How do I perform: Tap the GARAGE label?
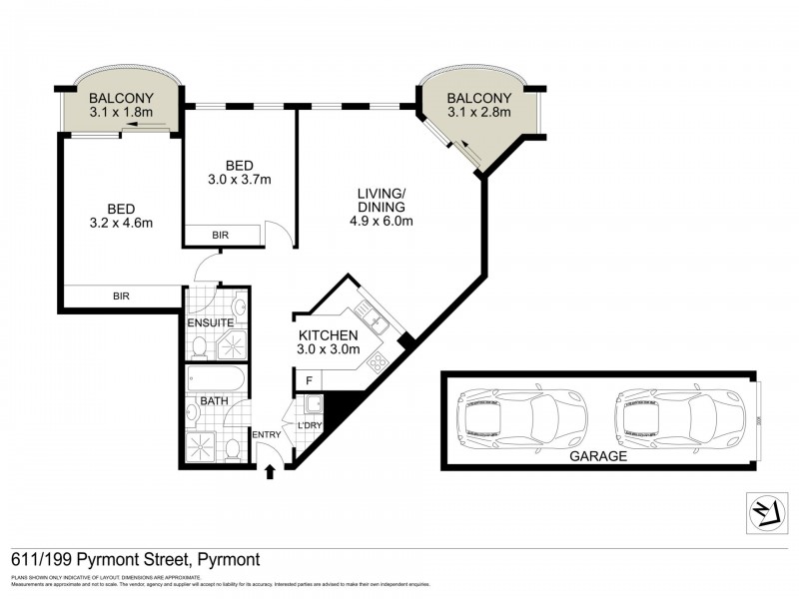[598, 456]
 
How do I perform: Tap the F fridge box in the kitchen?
[309, 380]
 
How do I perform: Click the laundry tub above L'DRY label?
[313, 404]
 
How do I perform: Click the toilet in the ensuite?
[200, 346]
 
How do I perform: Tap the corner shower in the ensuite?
[233, 344]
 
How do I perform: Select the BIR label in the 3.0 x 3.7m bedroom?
[221, 236]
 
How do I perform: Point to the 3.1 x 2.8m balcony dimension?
[478, 114]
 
